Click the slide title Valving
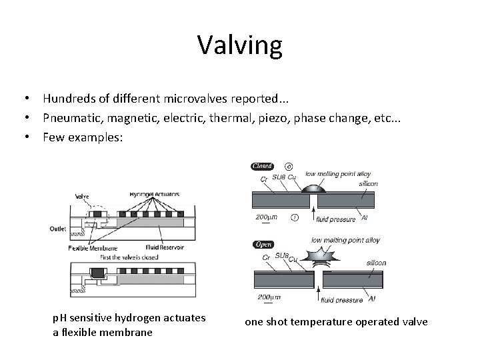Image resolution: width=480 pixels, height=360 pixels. click(x=240, y=45)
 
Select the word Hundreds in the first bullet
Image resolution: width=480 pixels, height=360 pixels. click(x=70, y=99)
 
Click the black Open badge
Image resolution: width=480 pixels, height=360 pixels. click(x=263, y=244)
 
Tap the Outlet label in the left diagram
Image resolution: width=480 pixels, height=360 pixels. click(x=59, y=229)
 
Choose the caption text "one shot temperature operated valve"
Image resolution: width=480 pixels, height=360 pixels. click(x=336, y=323)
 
